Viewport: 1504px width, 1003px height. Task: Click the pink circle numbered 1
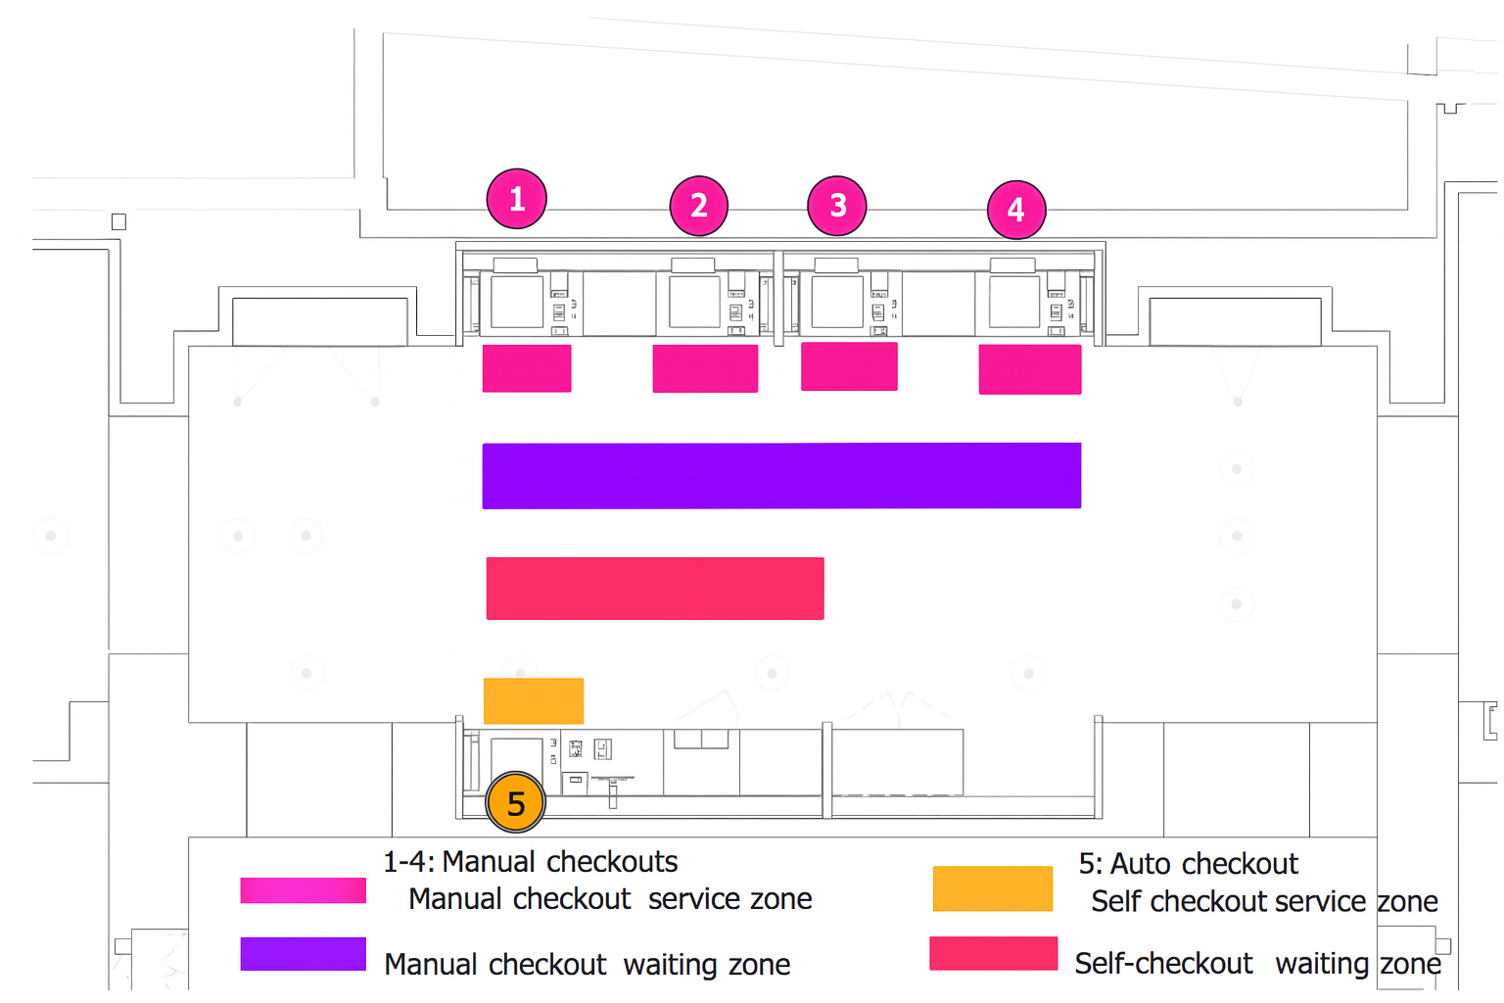pos(516,199)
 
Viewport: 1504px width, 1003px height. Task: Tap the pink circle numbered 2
pos(699,206)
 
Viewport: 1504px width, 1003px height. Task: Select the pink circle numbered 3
pos(836,206)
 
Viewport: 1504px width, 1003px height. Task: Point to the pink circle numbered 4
pos(1016,210)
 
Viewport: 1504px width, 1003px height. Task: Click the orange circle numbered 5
pos(516,802)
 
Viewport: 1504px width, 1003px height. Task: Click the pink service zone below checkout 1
pos(527,368)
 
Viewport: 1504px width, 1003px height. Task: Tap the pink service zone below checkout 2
pos(705,368)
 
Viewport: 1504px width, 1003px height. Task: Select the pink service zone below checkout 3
pos(849,366)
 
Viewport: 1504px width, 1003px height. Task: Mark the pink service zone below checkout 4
pos(1030,369)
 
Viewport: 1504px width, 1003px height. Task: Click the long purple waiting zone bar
pos(781,476)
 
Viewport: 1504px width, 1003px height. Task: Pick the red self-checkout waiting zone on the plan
pos(655,589)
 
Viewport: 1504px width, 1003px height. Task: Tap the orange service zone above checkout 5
pos(534,700)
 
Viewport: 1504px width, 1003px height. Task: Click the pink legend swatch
pos(304,890)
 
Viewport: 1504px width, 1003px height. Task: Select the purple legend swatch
pos(304,954)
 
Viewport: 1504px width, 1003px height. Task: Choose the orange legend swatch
pos(993,888)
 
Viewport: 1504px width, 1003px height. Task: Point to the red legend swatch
pos(994,953)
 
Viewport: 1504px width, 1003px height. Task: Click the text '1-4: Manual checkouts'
pos(531,862)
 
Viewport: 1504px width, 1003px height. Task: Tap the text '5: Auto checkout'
pos(1189,864)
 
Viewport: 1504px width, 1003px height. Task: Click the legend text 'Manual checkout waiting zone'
pos(587,965)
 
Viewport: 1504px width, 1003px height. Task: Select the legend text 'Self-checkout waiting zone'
pos(1257,964)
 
